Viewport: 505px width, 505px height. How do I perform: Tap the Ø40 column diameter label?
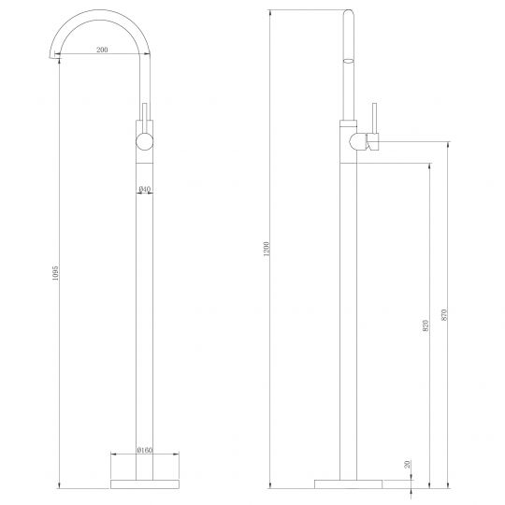[x=145, y=190]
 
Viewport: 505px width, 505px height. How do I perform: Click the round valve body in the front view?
[x=146, y=143]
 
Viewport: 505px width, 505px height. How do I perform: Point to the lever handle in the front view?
[x=146, y=115]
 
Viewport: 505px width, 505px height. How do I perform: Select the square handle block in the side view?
[x=372, y=142]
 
